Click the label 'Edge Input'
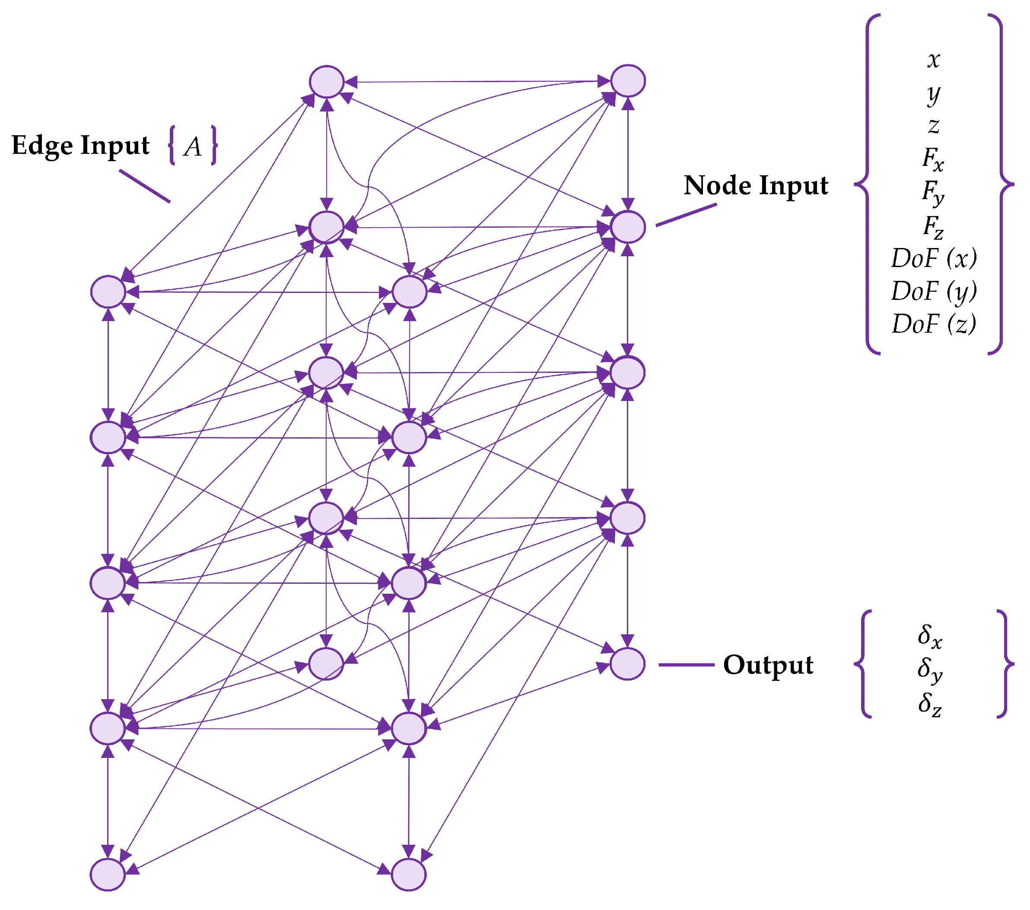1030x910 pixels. click(81, 146)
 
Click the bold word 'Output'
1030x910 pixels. click(768, 665)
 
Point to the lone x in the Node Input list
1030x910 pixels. click(933, 60)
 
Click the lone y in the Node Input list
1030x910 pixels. click(933, 94)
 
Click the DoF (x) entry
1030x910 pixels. click(934, 258)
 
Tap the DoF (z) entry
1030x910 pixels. click(934, 324)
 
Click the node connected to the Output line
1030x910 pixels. click(627, 664)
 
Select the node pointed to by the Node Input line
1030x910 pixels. click(628, 227)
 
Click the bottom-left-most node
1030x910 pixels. click(108, 875)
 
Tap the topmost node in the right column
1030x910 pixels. click(628, 81)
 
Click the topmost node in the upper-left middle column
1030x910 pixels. click(327, 82)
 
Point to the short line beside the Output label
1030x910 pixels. click(687, 665)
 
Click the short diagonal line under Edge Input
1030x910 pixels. click(145, 186)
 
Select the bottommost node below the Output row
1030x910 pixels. click(409, 875)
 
